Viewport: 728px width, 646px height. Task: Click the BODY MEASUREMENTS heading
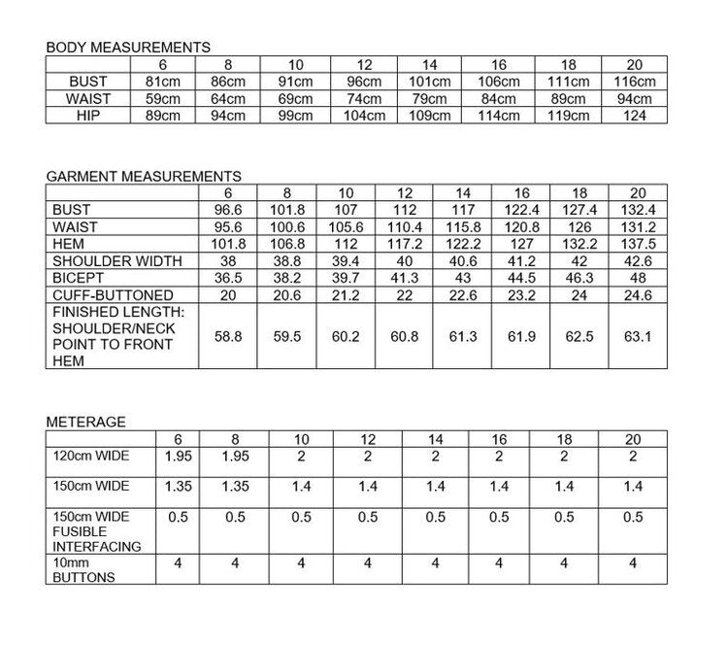point(128,47)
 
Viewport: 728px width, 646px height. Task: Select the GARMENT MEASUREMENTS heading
point(144,177)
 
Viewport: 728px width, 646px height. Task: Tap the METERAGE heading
point(85,422)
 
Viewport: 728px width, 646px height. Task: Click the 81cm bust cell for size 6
point(162,82)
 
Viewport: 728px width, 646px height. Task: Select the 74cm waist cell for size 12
point(364,99)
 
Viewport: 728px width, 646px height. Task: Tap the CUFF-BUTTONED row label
point(114,295)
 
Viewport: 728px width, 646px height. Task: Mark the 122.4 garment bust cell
point(521,210)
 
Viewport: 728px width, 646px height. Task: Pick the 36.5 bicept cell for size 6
point(227,278)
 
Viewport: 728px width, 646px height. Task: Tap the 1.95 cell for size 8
point(236,456)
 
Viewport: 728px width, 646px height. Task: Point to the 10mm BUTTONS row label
point(83,569)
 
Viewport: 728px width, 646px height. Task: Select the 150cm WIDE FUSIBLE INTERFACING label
point(96,531)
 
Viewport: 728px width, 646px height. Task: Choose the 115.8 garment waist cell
point(463,226)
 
